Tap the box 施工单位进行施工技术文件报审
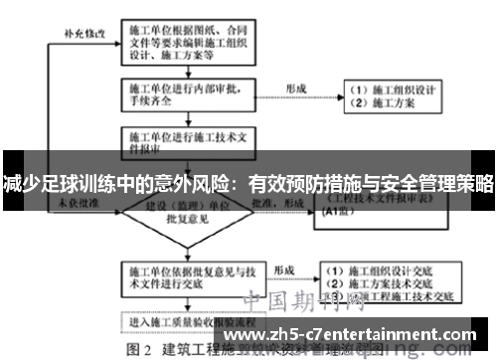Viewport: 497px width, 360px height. [x=190, y=140]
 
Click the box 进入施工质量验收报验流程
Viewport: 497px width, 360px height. [x=190, y=322]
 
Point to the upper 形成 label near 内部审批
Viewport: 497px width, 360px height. [x=296, y=88]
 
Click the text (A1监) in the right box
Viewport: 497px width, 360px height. [x=347, y=226]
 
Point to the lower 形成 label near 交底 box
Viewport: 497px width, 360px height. [x=284, y=270]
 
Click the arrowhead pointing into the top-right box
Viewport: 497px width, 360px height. [x=338, y=96]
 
